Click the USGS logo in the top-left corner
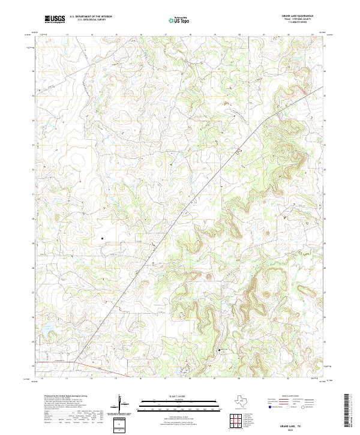(55, 19)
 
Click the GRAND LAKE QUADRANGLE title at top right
(297, 16)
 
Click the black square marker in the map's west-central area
(103, 238)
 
